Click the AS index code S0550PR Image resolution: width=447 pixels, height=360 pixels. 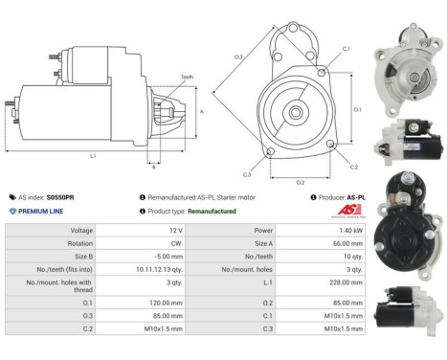point(61,196)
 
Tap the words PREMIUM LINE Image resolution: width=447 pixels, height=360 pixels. point(42,211)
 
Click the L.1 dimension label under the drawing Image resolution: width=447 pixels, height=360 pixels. point(93,155)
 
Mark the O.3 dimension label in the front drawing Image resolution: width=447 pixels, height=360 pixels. point(237,57)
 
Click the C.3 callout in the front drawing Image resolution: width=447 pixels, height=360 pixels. point(247,174)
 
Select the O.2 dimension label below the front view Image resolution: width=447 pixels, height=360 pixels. point(300,182)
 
